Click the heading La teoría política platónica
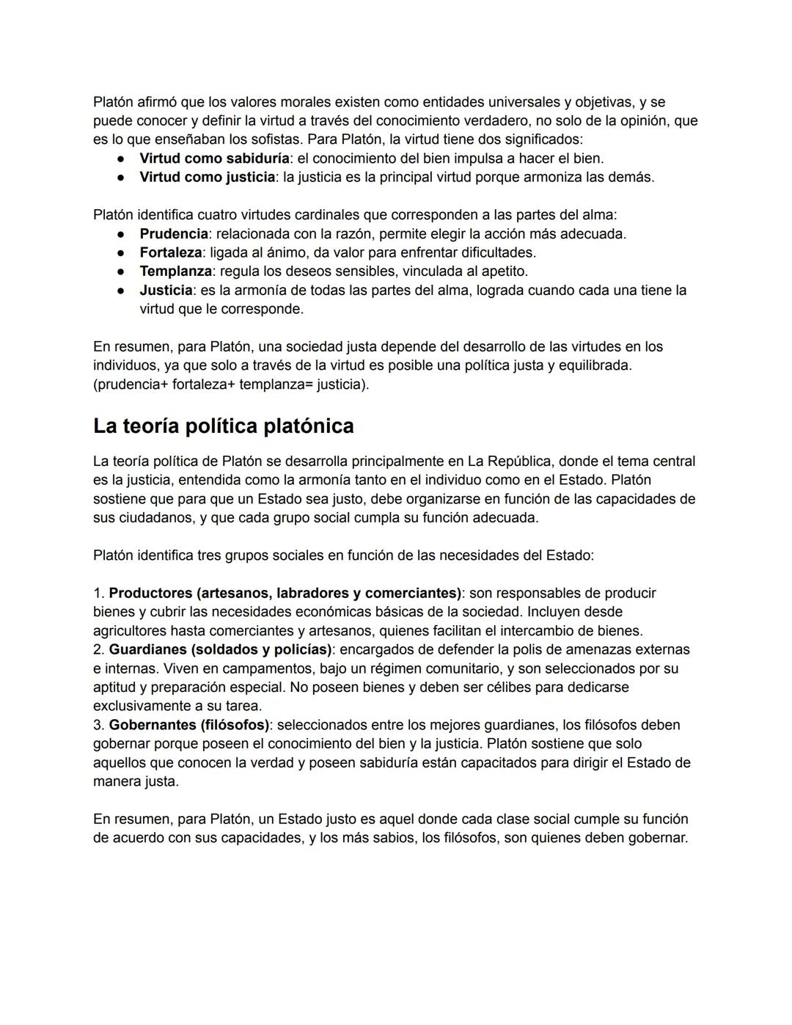coord(223,426)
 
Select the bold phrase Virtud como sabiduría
coord(214,158)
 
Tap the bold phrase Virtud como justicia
coord(208,178)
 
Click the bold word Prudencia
coord(174,234)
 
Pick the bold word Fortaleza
coord(171,252)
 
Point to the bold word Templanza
coord(175,271)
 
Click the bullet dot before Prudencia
coord(120,234)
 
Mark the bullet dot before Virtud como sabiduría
coord(120,158)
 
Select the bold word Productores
coord(152,593)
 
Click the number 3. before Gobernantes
coord(99,725)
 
